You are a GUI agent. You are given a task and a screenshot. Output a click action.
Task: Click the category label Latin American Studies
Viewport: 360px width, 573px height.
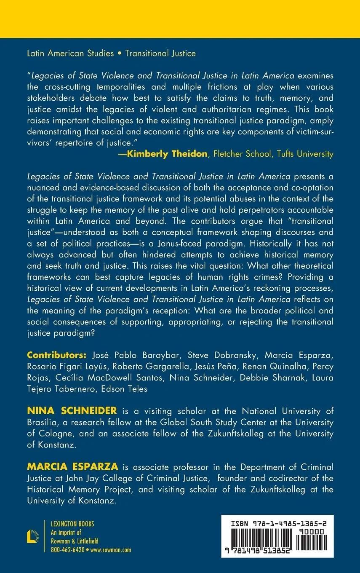coord(70,54)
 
